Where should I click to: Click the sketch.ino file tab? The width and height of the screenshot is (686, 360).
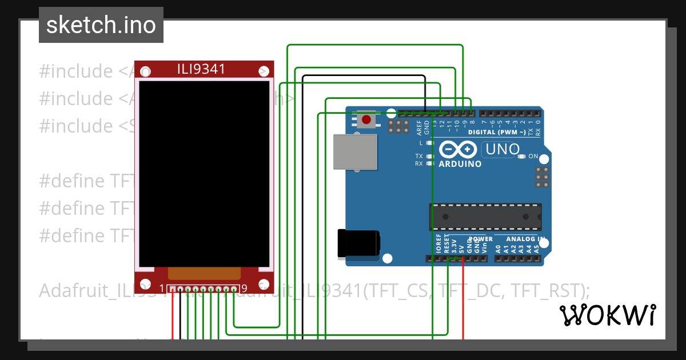101,25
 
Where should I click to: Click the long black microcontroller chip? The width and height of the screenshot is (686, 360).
485,217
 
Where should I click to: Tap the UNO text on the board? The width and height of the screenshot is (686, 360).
501,150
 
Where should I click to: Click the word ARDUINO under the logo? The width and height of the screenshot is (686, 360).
460,164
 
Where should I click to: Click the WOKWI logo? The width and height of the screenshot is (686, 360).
607,315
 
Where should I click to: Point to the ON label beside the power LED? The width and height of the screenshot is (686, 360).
533,157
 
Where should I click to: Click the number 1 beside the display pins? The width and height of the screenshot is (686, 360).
162,288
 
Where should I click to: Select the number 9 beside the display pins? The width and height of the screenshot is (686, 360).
244,288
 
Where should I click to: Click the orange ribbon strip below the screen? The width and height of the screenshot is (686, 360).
204,273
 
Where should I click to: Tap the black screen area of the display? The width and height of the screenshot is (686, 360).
204,171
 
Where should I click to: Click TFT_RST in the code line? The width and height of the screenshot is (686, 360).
546,291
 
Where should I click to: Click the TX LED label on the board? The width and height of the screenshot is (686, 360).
419,157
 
